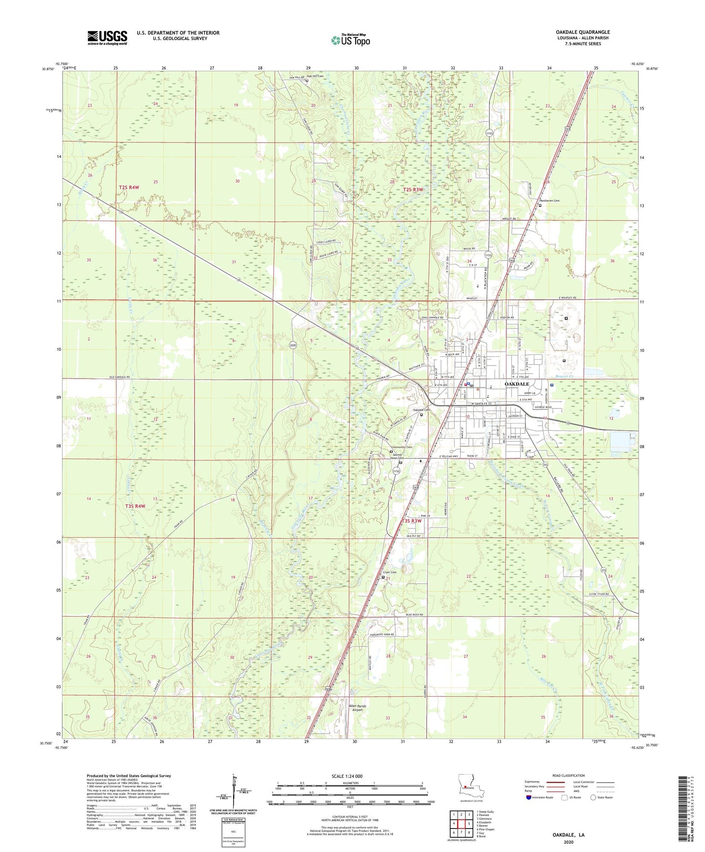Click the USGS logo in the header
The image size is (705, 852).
click(107, 38)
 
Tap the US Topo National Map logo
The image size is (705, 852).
click(350, 41)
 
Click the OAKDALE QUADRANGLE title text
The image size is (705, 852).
click(583, 32)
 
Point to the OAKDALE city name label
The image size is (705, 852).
click(517, 384)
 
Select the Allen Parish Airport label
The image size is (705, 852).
click(357, 709)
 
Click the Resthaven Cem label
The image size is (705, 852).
click(549, 201)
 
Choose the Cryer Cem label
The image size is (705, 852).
click(389, 572)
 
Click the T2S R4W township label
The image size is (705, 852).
click(129, 187)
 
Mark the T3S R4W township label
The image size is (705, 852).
click(135, 506)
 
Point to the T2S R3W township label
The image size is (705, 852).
click(413, 189)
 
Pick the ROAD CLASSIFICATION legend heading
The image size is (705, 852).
click(568, 775)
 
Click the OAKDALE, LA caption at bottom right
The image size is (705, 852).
click(568, 835)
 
